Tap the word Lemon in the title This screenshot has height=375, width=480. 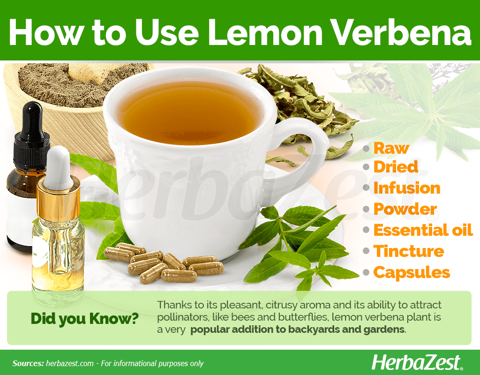coord(265,32)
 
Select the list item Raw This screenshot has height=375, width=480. coord(391,149)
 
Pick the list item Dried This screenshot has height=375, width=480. coord(396,167)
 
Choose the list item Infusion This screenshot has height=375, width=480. coord(407,188)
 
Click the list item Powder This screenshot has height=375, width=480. coord(405,209)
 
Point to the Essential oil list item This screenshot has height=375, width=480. coord(423,230)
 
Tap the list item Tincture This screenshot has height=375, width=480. coord(409,251)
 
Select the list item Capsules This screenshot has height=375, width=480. coord(412,273)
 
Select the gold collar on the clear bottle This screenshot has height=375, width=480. coord(58,199)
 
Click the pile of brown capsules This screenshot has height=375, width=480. coord(164,263)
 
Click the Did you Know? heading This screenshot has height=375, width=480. coord(84,319)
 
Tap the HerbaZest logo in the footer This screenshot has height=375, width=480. coord(417,363)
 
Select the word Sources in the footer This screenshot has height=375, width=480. coord(28,363)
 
